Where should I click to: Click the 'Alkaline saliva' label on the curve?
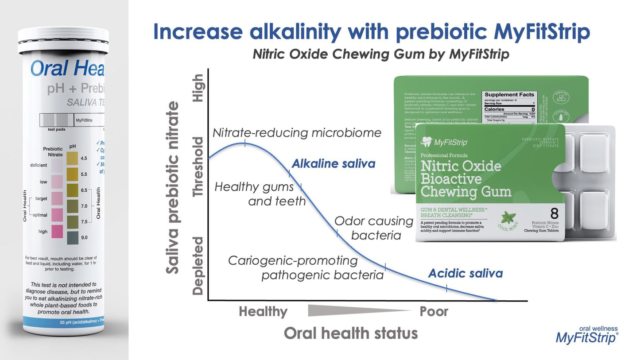pos(333,164)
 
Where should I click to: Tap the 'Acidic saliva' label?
pos(465,273)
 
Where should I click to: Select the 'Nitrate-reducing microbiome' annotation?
pos(297,133)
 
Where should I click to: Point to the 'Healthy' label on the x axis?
pos(263,312)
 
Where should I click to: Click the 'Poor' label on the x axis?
pos(434,312)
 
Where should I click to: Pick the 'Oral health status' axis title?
pos(351,333)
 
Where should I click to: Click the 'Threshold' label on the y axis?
pos(198,166)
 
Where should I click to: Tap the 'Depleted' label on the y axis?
pos(198,266)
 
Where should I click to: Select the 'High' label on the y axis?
pos(198,88)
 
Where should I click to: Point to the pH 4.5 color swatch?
pos(72,158)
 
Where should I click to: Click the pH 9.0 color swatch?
pos(72,238)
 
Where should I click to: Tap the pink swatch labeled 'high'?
pos(57,232)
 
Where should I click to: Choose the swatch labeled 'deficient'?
pos(57,166)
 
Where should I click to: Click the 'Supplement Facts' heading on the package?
pos(509,95)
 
